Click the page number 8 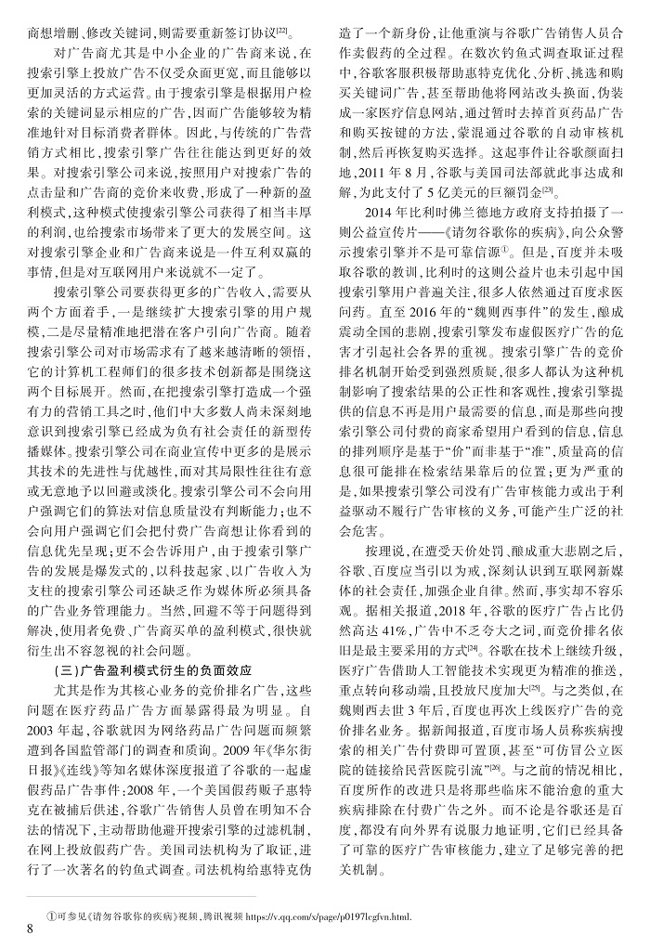pos(31,929)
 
